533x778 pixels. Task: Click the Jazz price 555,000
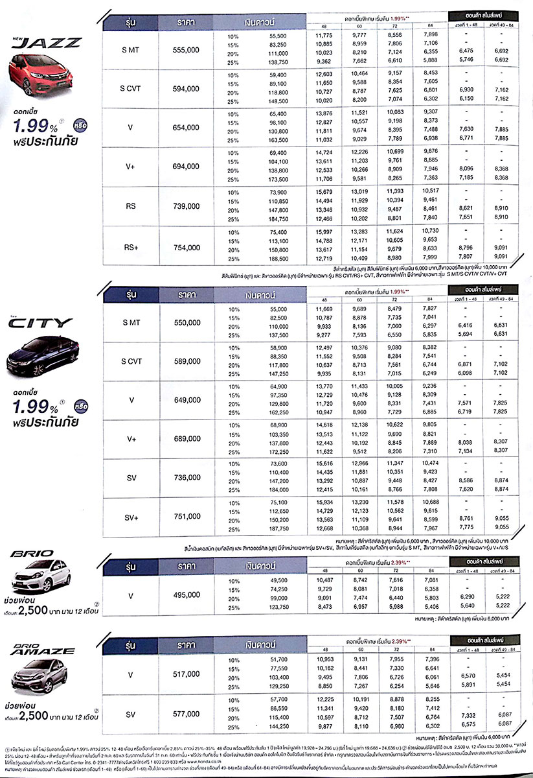(x=187, y=49)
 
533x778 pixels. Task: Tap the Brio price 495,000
(x=187, y=595)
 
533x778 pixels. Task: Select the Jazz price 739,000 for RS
(x=187, y=206)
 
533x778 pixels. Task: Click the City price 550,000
(x=187, y=322)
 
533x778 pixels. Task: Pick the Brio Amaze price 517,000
(x=187, y=674)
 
